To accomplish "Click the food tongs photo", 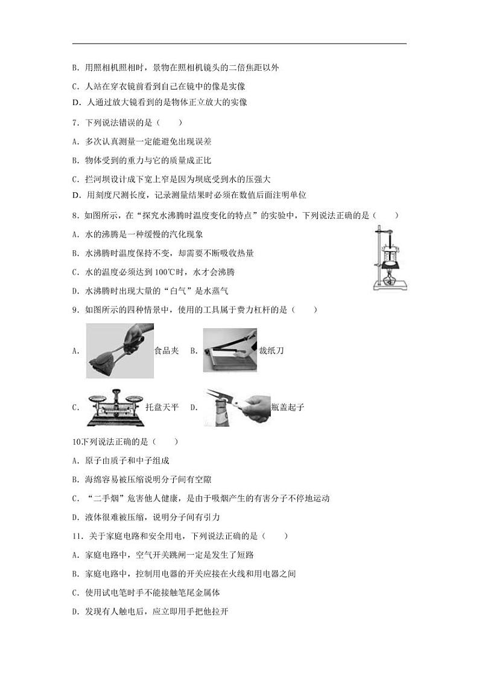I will coord(119,351).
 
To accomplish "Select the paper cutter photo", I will coord(229,350).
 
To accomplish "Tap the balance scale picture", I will coord(115,407).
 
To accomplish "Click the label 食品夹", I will coord(167,351).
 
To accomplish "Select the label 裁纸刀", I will coord(271,351).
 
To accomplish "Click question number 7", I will coord(74,123).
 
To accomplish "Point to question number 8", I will coord(74,215).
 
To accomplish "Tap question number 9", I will coord(74,310).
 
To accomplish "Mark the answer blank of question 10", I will coord(167,442).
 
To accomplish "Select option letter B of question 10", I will coord(75,480).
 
